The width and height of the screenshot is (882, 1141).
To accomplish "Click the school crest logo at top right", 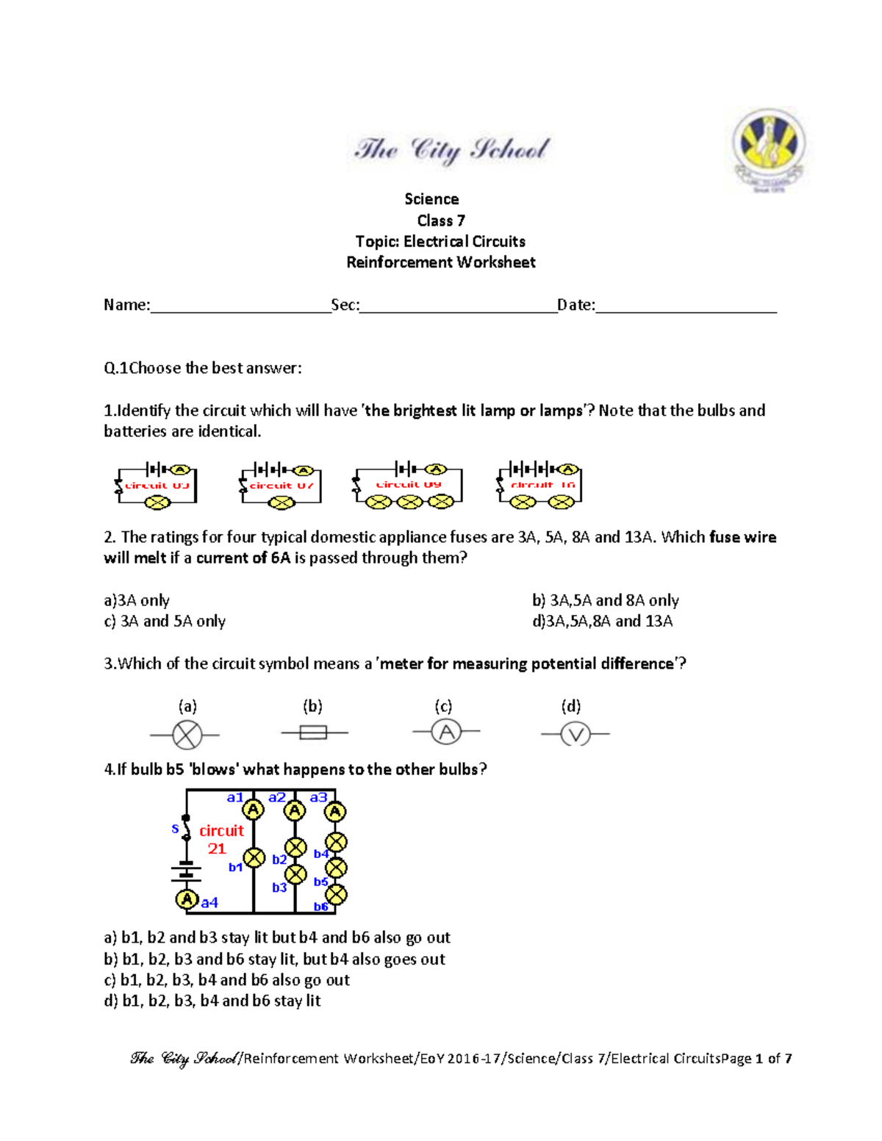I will tap(769, 149).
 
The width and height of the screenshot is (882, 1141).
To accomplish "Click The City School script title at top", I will tap(451, 150).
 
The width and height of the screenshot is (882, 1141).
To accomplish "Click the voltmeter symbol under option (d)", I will tap(575, 733).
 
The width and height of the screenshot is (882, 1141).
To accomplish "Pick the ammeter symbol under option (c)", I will tap(446, 732).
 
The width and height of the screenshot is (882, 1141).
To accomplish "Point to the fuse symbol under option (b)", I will tap(314, 733).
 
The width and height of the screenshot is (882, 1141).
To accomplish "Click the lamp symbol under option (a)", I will tap(187, 734).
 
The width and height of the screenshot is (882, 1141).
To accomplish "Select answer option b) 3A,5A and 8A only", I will tap(605, 600).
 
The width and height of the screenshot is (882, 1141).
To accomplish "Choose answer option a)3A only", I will tap(137, 600).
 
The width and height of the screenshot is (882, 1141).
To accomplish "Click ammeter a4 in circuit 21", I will tap(187, 899).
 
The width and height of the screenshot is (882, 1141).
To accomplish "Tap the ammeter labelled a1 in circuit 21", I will tap(254, 810).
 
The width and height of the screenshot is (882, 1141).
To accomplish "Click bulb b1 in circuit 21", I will tap(254, 857).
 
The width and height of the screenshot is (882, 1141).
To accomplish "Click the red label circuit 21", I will tap(220, 839).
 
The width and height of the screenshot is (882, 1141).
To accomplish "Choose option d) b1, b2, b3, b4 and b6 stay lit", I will tap(212, 1001).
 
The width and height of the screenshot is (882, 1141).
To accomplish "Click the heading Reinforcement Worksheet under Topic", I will tap(441, 262).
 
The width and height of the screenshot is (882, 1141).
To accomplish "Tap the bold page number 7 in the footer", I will tap(788, 1059).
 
